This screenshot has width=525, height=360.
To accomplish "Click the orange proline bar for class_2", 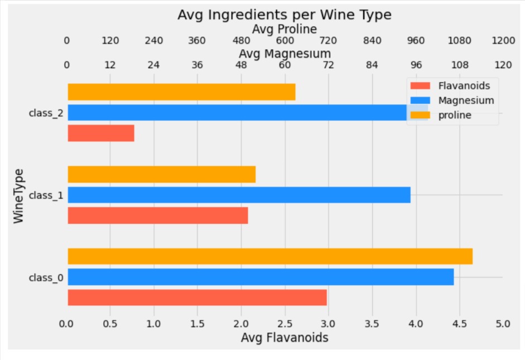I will click(x=181, y=92).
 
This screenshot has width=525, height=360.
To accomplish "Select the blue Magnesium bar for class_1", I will click(x=239, y=195).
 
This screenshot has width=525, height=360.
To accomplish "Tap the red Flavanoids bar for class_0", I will click(x=197, y=297).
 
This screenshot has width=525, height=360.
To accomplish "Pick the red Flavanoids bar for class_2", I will click(x=101, y=133).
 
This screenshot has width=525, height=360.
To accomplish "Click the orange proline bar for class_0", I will click(x=270, y=256).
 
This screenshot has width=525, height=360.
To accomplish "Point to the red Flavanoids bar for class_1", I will click(x=157, y=215).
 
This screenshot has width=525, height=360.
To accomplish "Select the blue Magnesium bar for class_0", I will click(x=261, y=277).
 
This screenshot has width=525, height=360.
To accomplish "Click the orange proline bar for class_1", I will click(x=161, y=174).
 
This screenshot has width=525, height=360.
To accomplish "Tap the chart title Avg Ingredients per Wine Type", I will click(x=285, y=15).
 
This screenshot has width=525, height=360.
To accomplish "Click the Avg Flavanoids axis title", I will click(x=285, y=338).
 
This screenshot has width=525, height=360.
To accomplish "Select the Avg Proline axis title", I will click(x=285, y=28).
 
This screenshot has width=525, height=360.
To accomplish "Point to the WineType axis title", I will click(x=19, y=195).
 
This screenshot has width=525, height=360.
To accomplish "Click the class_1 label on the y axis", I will click(x=46, y=195).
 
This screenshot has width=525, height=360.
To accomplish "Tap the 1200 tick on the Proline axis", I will click(x=503, y=41).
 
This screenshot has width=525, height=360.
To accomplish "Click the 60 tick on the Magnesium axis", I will click(x=285, y=65).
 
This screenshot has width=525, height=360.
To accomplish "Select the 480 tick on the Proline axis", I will click(x=241, y=41).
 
